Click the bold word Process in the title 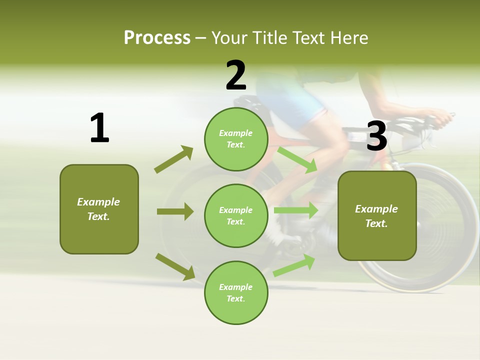[157, 37]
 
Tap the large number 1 [99, 128]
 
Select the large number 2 [236, 75]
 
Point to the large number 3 [376, 136]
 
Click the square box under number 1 [99, 209]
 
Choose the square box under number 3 [377, 216]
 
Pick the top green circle [236, 138]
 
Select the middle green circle [236, 215]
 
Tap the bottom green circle [236, 292]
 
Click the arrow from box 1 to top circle [174, 159]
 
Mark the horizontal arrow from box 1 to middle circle [175, 211]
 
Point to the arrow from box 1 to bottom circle [175, 266]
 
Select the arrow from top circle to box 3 [297, 159]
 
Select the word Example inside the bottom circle [236, 287]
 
